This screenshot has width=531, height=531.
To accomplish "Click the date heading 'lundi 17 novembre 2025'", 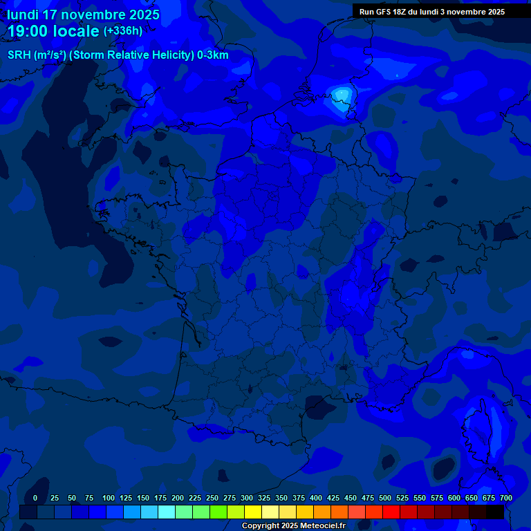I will coord(83,15).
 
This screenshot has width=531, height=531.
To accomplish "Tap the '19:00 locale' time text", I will coord(53,31).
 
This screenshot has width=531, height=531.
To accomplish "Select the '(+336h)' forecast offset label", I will coord(122,31).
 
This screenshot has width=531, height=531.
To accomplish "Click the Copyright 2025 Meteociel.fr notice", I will coord(293,526).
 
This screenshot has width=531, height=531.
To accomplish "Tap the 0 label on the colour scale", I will coord(35,498).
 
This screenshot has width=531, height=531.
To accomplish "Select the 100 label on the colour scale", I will coord(109,498).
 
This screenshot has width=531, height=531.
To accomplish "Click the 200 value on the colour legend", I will coord(178,498).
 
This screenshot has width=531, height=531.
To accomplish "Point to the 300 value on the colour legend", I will coord(247,498).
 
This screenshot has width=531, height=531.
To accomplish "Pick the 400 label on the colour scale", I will coord(316,498).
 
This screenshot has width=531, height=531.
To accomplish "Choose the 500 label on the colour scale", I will coord(385,498).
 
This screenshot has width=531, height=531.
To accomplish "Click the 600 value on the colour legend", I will coord(454,498).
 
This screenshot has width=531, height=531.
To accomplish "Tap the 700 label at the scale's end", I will coord(505,498).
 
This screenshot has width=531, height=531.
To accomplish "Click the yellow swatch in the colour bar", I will coord(253,512).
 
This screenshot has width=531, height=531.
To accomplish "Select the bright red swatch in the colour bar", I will coord(391,512).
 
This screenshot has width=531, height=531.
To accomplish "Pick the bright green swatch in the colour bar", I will coord(201,512).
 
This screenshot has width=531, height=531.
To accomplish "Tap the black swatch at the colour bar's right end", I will coord(495,512).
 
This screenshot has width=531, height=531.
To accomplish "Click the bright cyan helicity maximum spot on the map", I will coord(342,95).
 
